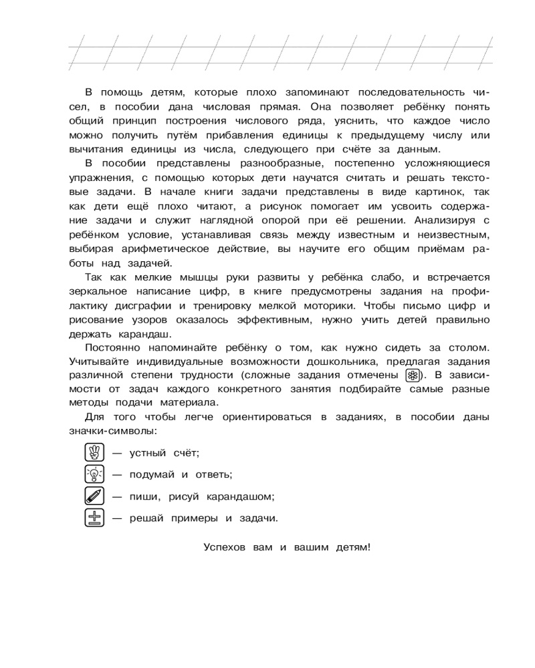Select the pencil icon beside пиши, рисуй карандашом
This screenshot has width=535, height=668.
95,496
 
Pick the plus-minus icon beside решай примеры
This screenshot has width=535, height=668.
95,518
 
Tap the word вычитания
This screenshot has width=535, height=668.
100,150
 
